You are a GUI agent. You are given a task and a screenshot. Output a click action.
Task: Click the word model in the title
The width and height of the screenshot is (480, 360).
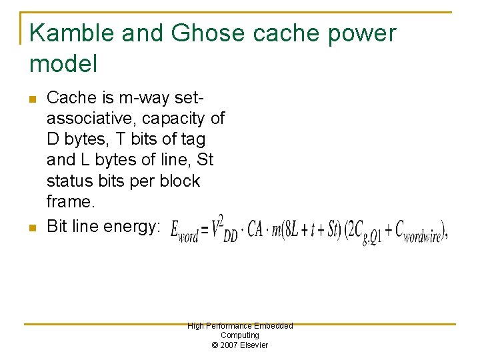click(63, 64)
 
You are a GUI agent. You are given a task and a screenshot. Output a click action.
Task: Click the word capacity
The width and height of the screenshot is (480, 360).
click(177, 119)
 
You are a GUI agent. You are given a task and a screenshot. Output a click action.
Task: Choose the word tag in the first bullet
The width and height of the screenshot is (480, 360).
click(193, 139)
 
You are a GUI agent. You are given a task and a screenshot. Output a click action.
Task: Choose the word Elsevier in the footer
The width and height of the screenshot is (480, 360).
click(255, 345)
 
